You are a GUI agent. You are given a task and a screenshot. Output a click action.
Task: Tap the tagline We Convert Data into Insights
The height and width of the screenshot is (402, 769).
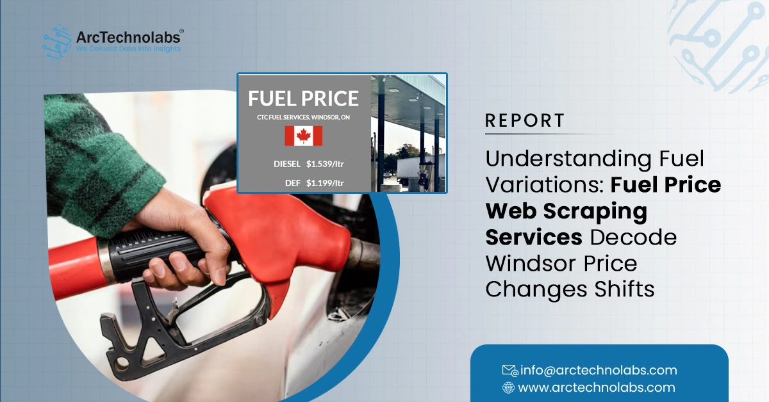(128, 49)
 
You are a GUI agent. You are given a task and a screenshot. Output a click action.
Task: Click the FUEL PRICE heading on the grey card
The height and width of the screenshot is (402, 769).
(303, 99)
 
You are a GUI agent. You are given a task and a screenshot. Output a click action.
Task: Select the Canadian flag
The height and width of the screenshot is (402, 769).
(303, 136)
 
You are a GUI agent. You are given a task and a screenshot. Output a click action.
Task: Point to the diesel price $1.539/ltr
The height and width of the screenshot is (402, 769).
(325, 165)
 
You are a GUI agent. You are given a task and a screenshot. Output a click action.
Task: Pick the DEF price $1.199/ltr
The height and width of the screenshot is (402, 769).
(325, 183)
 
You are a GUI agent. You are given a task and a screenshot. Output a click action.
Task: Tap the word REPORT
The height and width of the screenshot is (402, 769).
(525, 120)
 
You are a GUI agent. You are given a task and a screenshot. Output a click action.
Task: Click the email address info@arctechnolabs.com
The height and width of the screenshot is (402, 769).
(599, 370)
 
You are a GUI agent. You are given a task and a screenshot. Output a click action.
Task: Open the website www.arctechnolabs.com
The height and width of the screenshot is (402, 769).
(596, 387)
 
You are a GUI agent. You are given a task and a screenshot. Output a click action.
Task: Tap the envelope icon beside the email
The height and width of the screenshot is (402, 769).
(509, 370)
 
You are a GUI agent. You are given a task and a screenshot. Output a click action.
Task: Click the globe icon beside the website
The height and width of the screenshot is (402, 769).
(509, 387)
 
